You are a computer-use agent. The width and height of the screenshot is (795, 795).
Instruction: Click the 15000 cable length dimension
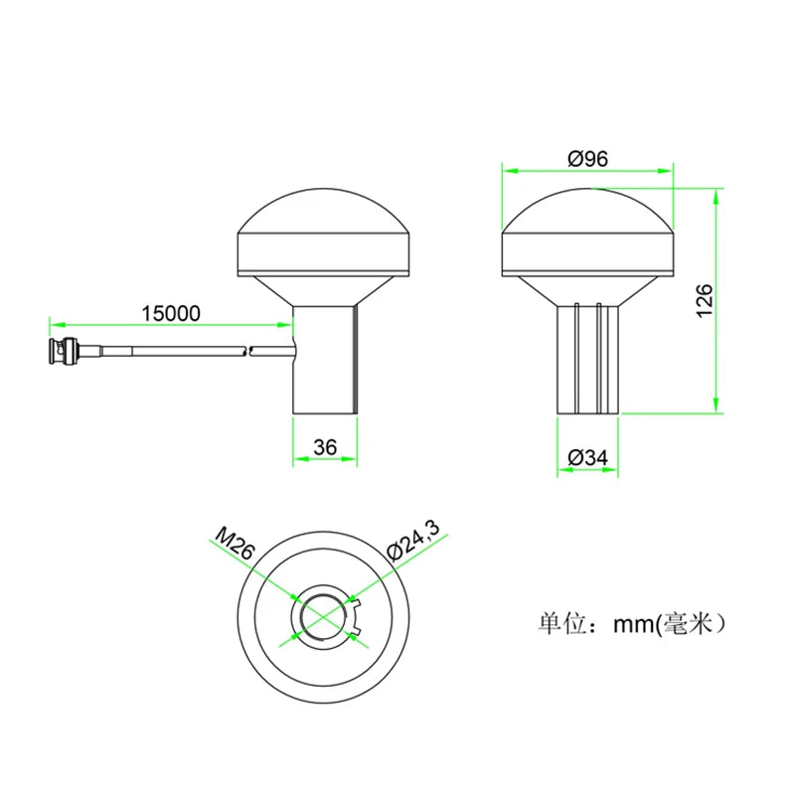pyautogui.click(x=171, y=313)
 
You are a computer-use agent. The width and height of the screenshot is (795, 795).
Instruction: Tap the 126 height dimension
pyautogui.click(x=704, y=301)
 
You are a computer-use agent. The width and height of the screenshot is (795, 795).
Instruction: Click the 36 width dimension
pyautogui.click(x=324, y=448)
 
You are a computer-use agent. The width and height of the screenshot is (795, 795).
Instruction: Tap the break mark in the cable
pyautogui.click(x=248, y=349)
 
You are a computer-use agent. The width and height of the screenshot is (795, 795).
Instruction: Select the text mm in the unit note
pyautogui.click(x=632, y=624)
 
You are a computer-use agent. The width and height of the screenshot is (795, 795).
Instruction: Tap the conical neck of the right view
pyautogui.click(x=587, y=290)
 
